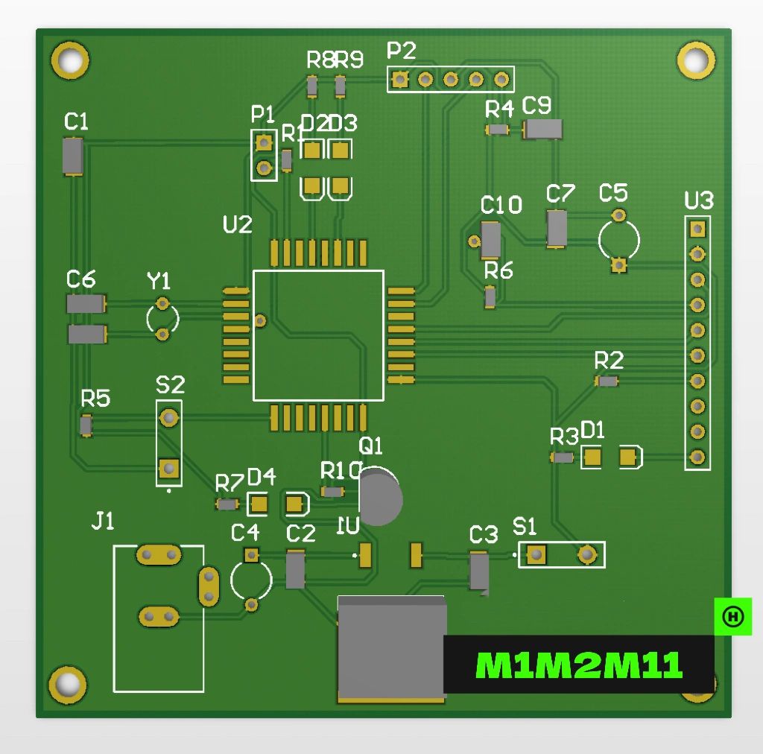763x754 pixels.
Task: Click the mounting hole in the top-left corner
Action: pos(70,59)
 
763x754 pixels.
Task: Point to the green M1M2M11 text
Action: pos(579,665)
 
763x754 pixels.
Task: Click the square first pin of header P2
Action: pos(400,78)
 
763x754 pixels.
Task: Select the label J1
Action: pos(103,522)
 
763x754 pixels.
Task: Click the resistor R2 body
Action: pos(608,381)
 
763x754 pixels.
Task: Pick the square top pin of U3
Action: pos(697,228)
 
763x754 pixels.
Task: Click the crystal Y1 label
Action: pos(159,281)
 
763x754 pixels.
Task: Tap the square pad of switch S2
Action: pos(169,468)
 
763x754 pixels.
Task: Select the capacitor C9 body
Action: pos(543,129)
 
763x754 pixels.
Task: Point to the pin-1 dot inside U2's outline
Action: pos(260,320)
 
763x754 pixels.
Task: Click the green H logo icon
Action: pos(733,616)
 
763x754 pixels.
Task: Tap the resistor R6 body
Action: pos(490,297)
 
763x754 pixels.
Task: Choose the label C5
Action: pos(613,193)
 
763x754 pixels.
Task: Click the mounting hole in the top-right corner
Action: pos(695,58)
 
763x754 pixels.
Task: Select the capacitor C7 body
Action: pos(557,228)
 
